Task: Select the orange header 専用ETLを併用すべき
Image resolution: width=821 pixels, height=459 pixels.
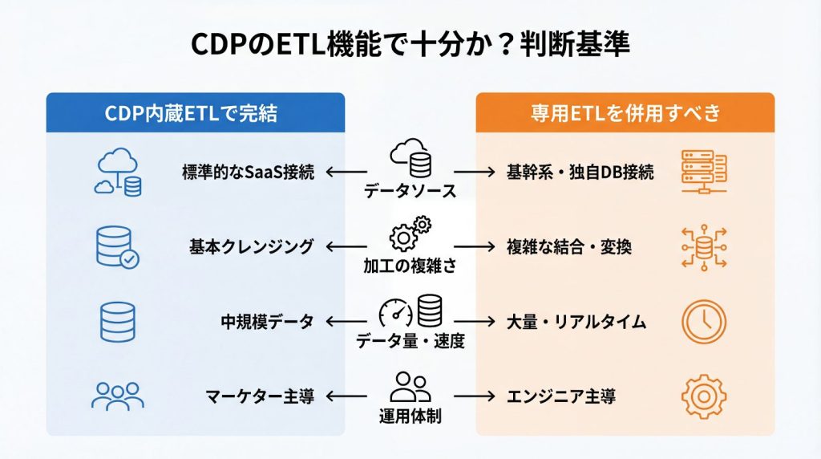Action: (x=625, y=113)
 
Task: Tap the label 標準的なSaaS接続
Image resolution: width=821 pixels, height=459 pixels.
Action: (x=249, y=172)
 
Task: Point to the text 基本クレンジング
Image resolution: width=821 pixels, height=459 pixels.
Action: (x=252, y=246)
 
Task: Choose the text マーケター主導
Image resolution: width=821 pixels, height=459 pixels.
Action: (x=258, y=396)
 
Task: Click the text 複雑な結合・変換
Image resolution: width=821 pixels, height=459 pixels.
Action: (x=569, y=246)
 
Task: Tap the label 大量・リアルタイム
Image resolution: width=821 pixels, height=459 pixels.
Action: (x=576, y=321)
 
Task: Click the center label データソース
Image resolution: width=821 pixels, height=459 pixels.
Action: (x=410, y=192)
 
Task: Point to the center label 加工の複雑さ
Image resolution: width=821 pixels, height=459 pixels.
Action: (x=410, y=266)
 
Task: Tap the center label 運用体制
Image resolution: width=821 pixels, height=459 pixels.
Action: (x=410, y=416)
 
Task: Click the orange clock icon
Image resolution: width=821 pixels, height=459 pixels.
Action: (x=703, y=321)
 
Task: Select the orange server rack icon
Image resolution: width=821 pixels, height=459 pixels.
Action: (x=703, y=171)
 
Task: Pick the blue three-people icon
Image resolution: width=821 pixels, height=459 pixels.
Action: (x=117, y=396)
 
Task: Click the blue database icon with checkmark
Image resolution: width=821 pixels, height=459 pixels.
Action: (x=115, y=246)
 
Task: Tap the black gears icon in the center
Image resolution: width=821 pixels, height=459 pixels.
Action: (x=410, y=234)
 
